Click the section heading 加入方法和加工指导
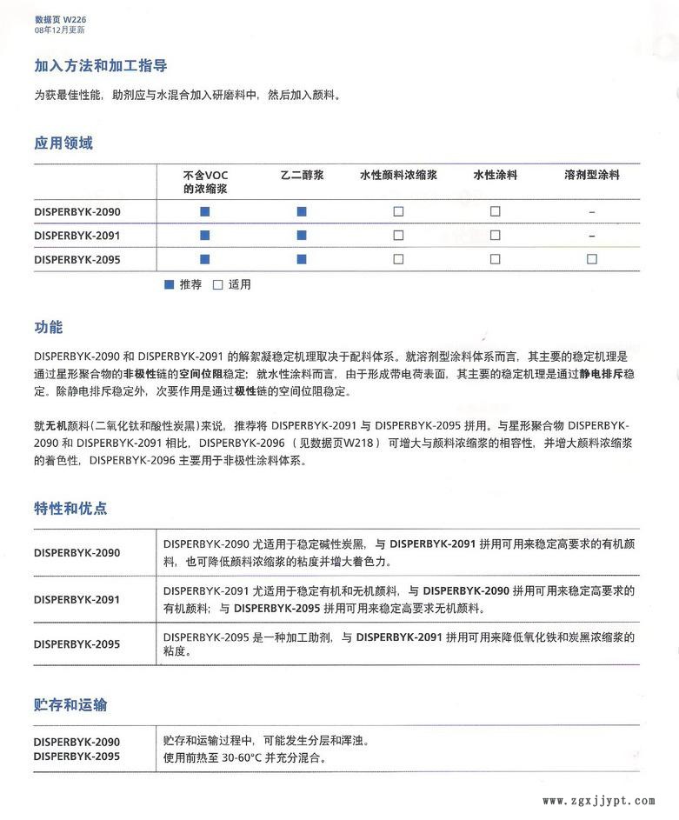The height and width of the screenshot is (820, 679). tap(101, 66)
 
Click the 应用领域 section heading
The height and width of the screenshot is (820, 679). tap(63, 143)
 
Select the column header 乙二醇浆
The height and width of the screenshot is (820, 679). tap(302, 176)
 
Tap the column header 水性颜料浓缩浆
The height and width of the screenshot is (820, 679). tap(398, 176)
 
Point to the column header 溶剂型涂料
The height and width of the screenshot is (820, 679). tap(591, 176)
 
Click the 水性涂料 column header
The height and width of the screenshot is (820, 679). tap(495, 176)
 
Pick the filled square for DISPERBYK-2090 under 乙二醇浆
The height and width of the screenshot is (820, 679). tap(302, 212)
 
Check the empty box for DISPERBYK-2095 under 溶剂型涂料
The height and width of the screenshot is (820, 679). tap(592, 259)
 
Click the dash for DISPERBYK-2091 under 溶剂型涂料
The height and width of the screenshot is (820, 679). tap(592, 236)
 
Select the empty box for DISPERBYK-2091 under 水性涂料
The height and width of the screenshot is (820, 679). tap(495, 236)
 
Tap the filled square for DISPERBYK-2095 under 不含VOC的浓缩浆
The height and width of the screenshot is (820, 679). tap(205, 259)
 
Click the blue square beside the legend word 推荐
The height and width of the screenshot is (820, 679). tap(170, 284)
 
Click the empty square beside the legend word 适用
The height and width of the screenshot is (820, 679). tap(218, 284)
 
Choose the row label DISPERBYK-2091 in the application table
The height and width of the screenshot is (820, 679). tap(77, 236)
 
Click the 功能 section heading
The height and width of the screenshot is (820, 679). tap(49, 328)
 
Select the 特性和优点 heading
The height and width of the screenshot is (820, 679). tap(70, 509)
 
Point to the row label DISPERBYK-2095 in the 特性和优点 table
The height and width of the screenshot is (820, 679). tap(77, 644)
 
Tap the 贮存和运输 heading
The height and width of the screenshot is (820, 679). tap(70, 705)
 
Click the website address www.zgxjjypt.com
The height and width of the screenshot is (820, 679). tap(598, 801)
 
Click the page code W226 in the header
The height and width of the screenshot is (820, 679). tap(75, 19)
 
